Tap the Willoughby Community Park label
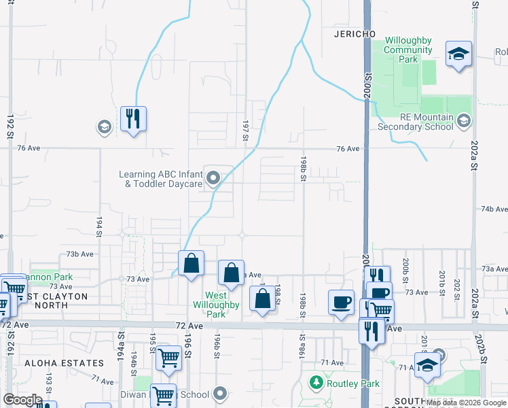click(408, 50)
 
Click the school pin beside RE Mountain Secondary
click(464, 121)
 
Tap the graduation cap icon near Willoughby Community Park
click(458, 54)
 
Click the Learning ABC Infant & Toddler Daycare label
click(162, 180)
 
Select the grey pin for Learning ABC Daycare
click(213, 180)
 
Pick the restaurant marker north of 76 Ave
click(134, 119)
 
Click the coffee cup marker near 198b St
click(341, 301)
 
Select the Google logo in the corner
click(23, 400)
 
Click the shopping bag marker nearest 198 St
click(262, 299)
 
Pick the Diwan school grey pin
click(219, 394)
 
